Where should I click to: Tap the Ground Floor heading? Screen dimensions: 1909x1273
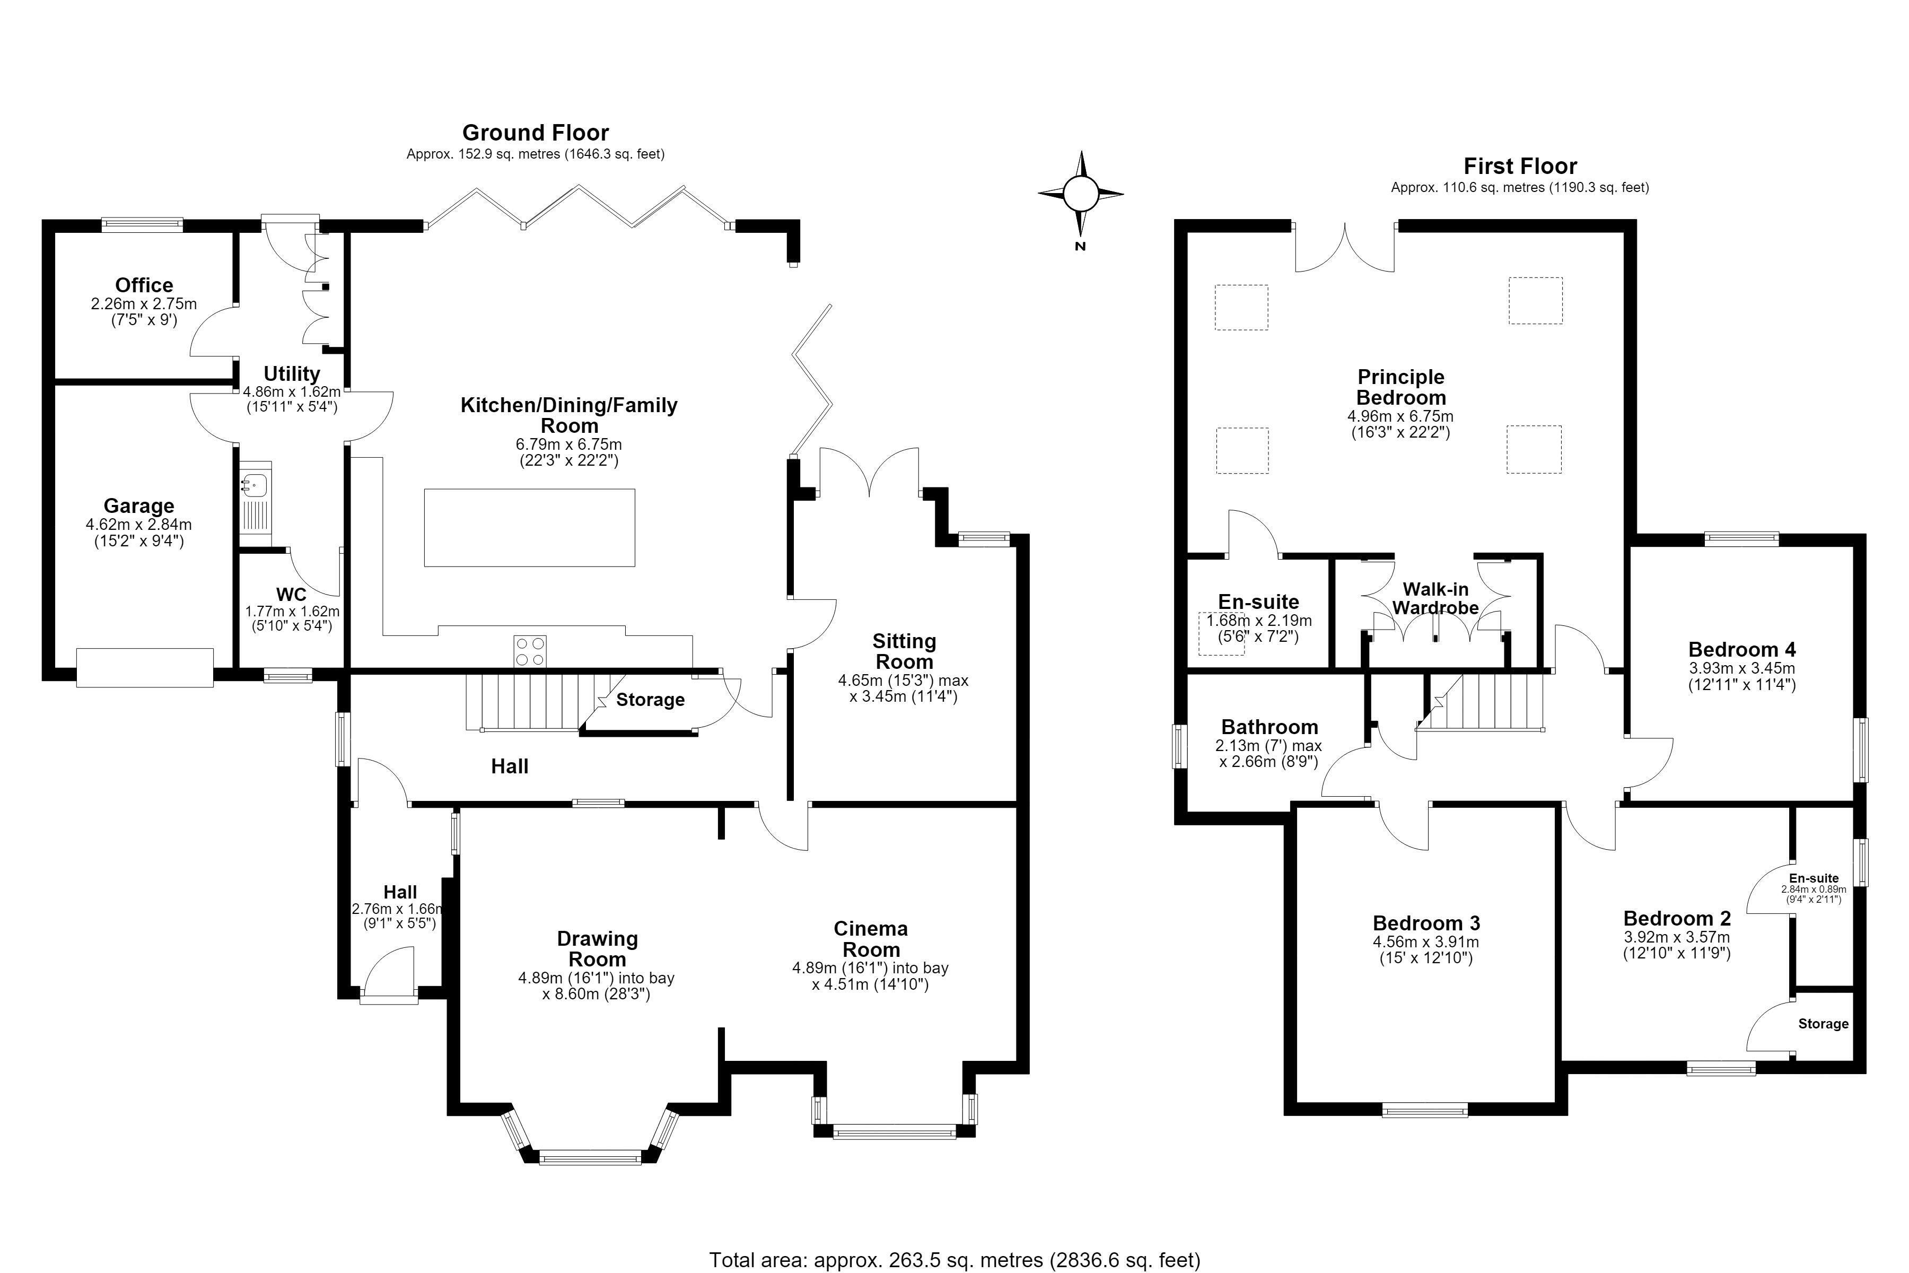coord(536,132)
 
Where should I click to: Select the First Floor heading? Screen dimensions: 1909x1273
coord(1520,167)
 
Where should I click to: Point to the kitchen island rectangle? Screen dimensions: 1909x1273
coord(529,527)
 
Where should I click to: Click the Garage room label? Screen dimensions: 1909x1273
coord(139,506)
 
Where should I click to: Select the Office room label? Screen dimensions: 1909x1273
coord(144,285)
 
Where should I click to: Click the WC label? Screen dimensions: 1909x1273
coord(291,594)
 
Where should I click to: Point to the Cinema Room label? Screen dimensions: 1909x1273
coord(871,939)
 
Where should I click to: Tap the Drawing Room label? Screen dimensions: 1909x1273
coord(598,949)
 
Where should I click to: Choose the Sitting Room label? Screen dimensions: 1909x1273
coord(904,651)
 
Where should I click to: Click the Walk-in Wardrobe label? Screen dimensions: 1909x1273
coord(1435,598)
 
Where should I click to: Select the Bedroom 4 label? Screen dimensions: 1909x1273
coord(1742,649)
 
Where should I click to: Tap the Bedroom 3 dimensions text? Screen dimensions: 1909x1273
coord(1426,950)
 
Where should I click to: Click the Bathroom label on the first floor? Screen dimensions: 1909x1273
coord(1269,727)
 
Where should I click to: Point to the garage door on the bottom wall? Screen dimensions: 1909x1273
coord(145,667)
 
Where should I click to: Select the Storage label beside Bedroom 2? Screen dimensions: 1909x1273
coord(1823,1024)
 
